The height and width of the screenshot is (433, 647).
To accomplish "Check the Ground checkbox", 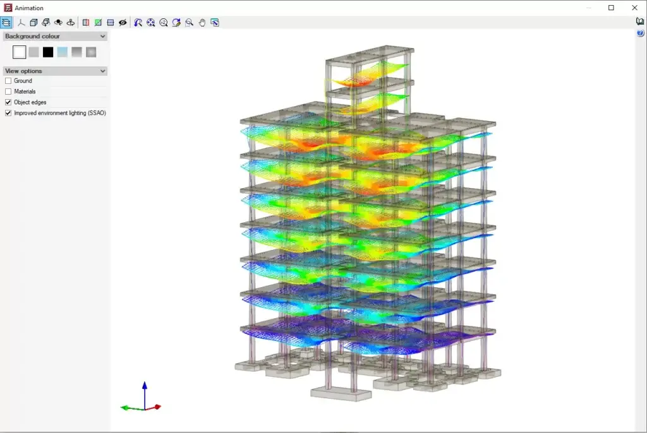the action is [x=8, y=81].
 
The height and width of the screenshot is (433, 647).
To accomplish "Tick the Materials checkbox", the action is [x=8, y=92].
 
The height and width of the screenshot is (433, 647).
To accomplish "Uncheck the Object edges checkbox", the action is [x=8, y=102].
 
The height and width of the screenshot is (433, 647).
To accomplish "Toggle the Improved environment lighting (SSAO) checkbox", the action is [x=8, y=113].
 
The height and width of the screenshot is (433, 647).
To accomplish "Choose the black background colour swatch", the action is [x=48, y=52].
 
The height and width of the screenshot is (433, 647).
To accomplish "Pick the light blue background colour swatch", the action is [x=63, y=52].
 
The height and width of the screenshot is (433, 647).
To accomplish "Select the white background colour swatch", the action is [x=19, y=52].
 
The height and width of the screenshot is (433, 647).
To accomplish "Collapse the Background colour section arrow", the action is [x=103, y=36].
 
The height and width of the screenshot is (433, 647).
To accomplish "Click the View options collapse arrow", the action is [x=103, y=71].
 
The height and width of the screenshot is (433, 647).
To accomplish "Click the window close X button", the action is [x=634, y=8].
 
